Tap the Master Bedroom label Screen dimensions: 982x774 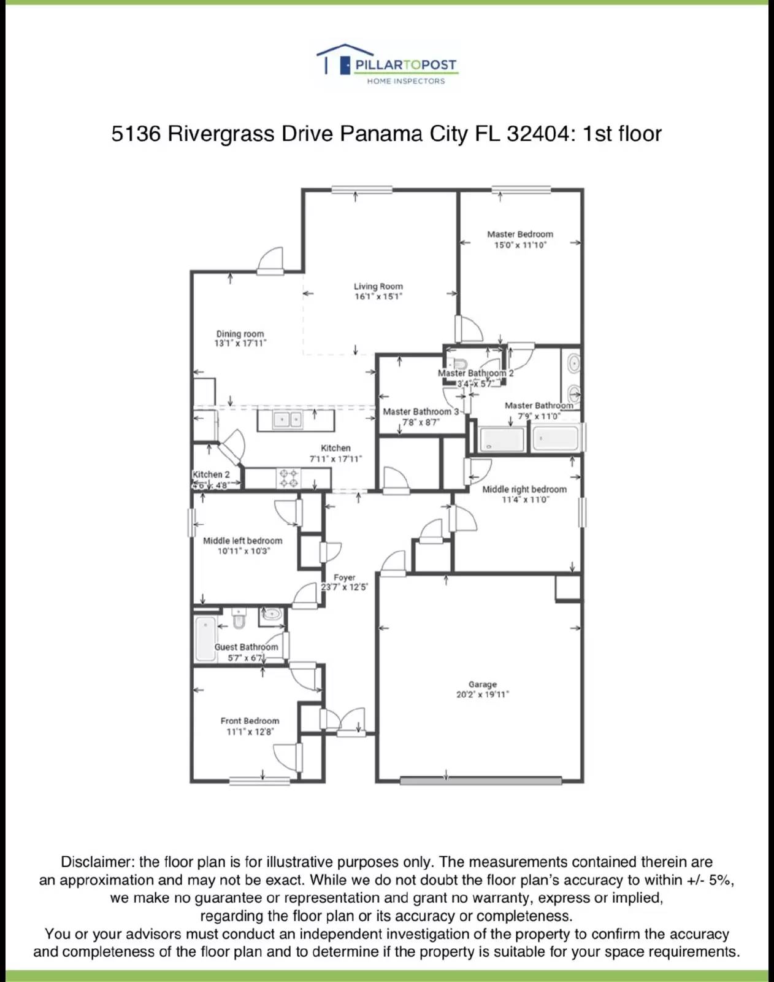pyautogui.click(x=520, y=234)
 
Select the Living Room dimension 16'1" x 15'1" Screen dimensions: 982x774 pyautogui.click(x=378, y=296)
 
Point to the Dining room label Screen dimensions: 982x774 pyautogui.click(x=240, y=334)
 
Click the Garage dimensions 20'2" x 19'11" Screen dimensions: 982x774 pyautogui.click(x=483, y=695)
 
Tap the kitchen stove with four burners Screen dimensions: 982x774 pyautogui.click(x=288, y=478)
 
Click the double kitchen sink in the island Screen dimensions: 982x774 pyautogui.click(x=288, y=420)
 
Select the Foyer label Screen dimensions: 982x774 pyautogui.click(x=345, y=578)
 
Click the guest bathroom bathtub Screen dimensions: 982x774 pyautogui.click(x=205, y=638)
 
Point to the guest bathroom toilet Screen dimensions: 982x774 pyautogui.click(x=239, y=620)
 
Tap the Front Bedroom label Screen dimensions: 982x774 pyautogui.click(x=250, y=721)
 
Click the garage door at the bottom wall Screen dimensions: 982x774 pyautogui.click(x=481, y=781)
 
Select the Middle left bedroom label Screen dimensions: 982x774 pyautogui.click(x=243, y=541)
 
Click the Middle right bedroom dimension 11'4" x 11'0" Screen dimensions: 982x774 pyautogui.click(x=525, y=500)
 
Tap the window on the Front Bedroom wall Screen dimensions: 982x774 pyautogui.click(x=259, y=781)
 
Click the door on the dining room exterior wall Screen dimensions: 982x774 pyautogui.click(x=270, y=262)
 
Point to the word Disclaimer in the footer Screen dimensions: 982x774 pyautogui.click(x=96, y=862)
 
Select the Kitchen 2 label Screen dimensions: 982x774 pyautogui.click(x=211, y=474)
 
